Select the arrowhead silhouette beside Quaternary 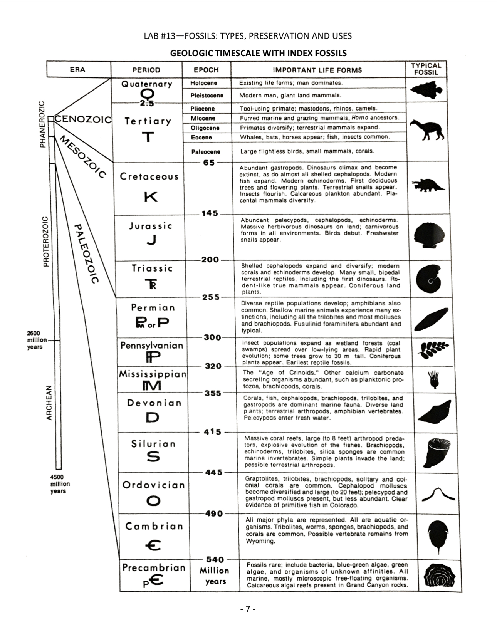click(x=426, y=90)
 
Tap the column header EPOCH click(x=206, y=70)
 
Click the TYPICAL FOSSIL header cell click(x=426, y=69)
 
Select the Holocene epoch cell click(x=204, y=83)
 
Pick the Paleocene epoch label click(x=206, y=152)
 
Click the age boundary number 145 click(x=210, y=213)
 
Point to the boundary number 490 click(x=214, y=513)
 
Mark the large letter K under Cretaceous click(x=151, y=197)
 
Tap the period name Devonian click(x=154, y=403)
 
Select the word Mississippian click(x=153, y=374)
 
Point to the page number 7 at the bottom click(x=248, y=609)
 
